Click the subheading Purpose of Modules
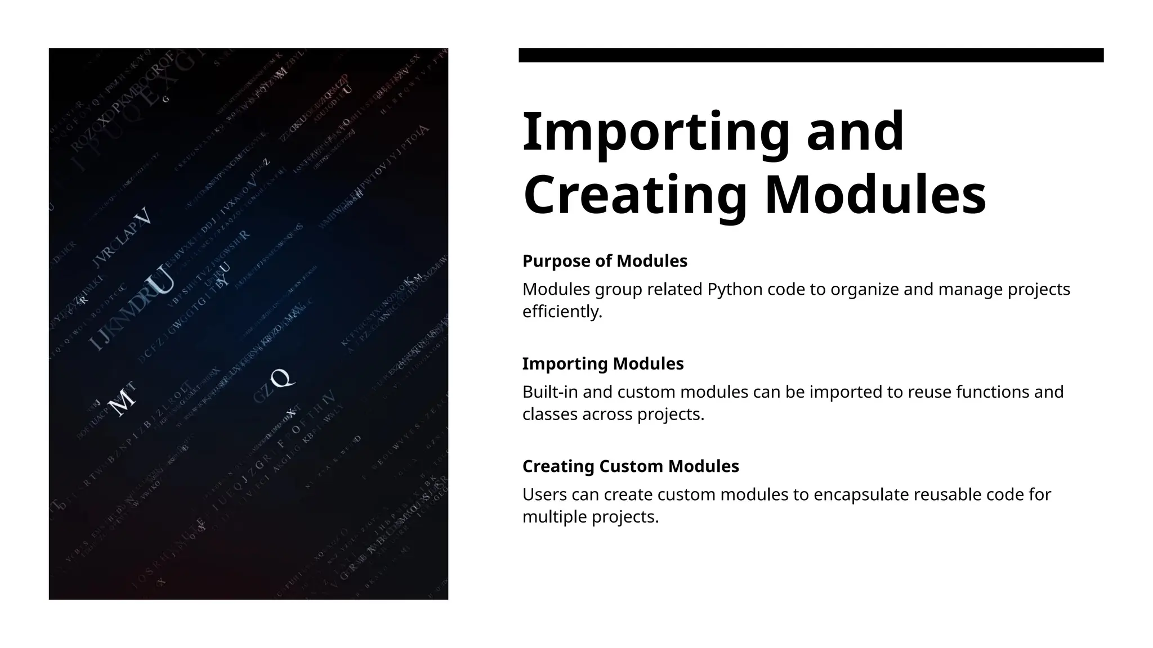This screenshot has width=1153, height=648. [605, 261]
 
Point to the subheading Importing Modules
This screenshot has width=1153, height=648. [603, 363]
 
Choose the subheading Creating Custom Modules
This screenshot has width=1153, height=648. [631, 466]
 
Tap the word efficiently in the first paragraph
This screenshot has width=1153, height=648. [562, 312]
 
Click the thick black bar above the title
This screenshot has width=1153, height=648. [811, 55]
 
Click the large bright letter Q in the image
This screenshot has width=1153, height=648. [281, 378]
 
